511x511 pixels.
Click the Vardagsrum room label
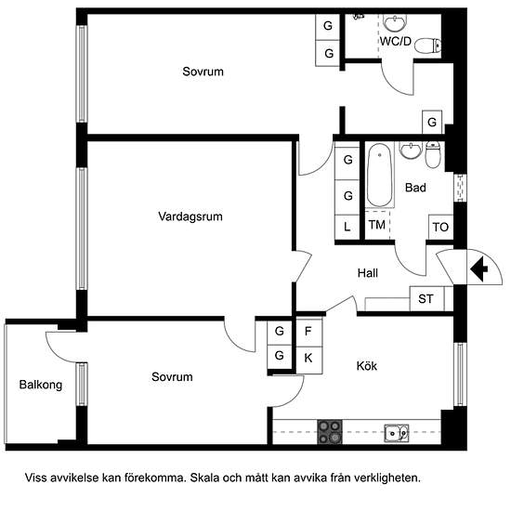190,216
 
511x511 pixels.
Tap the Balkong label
41,385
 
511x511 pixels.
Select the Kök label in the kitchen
367,366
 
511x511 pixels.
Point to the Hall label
368,273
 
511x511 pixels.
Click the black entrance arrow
478,269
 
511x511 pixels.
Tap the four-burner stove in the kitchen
330,432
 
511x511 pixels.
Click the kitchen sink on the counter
397,433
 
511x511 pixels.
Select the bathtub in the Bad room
379,175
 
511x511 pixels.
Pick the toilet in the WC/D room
428,46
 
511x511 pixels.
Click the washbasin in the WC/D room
395,23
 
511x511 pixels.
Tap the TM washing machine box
377,225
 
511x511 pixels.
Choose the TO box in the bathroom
440,227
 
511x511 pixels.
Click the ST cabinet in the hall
426,298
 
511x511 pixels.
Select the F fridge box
308,332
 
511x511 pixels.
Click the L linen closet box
347,227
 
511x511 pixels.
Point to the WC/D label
396,42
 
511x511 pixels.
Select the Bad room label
415,188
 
